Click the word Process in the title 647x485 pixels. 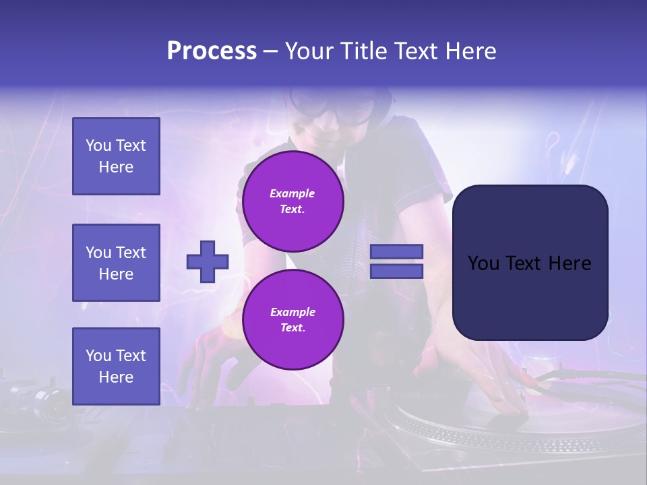212,51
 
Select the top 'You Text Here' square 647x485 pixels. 116,156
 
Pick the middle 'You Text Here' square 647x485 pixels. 116,263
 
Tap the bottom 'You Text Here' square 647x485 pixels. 116,366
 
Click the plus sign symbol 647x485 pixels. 208,261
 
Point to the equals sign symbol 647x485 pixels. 397,261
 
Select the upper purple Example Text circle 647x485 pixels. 292,201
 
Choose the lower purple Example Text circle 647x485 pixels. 292,319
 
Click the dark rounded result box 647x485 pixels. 530,263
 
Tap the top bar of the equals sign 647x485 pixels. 397,251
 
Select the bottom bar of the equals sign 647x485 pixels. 397,271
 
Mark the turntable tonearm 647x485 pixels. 580,377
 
